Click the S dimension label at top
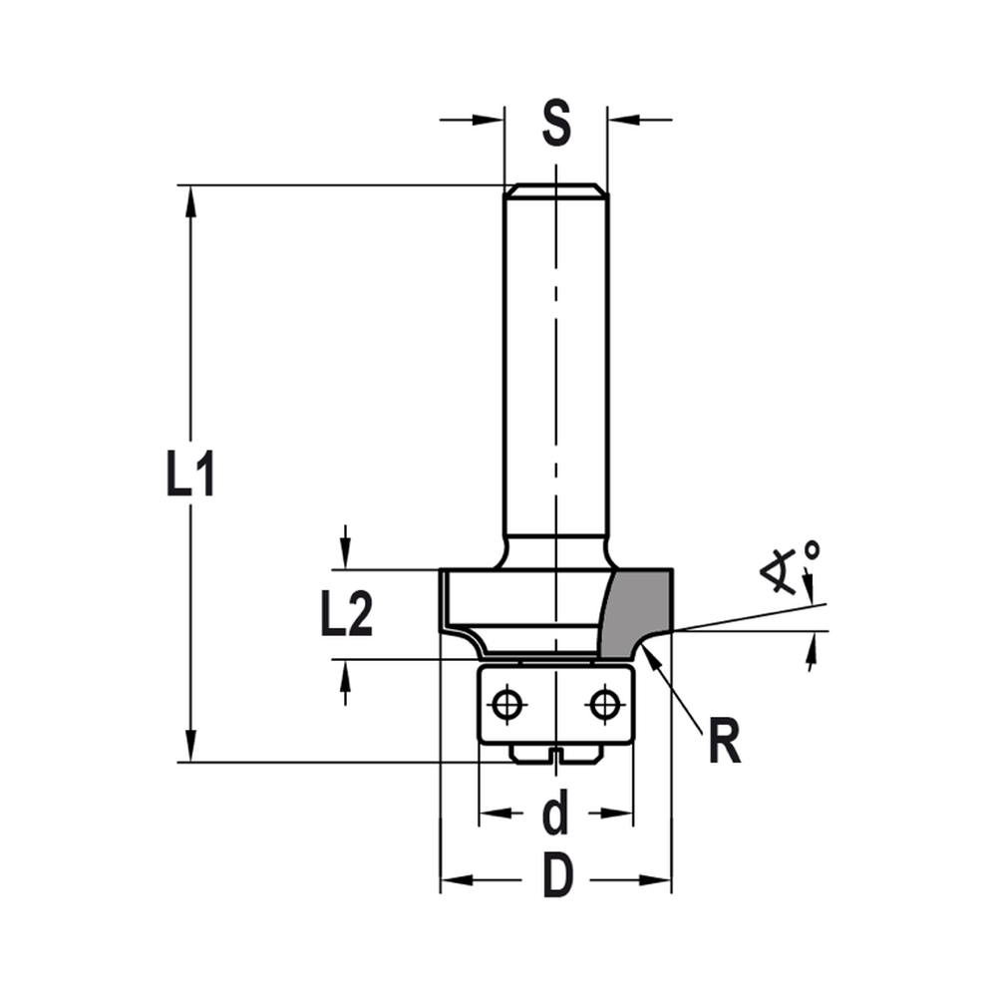[x=555, y=124]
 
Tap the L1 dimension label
[x=189, y=476]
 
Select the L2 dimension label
[x=346, y=617]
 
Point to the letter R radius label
[x=725, y=744]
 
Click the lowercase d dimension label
[x=555, y=815]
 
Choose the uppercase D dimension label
[x=558, y=878]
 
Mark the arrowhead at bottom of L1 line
[x=189, y=750]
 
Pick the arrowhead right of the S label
[x=620, y=120]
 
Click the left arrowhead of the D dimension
[x=454, y=879]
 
